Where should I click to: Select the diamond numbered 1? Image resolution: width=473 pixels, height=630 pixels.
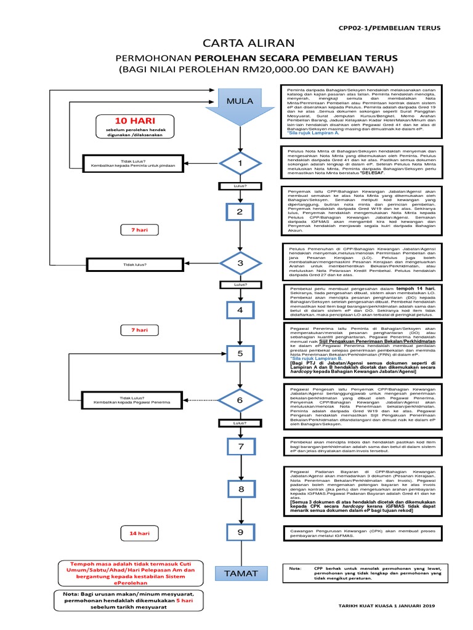click(x=240, y=163)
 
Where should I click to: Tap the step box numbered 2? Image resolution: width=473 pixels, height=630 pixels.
click(x=240, y=212)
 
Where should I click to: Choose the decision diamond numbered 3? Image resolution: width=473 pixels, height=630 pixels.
click(x=240, y=263)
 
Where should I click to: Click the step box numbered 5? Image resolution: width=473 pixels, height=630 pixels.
click(x=240, y=354)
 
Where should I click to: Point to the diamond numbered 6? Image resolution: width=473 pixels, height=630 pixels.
click(x=240, y=400)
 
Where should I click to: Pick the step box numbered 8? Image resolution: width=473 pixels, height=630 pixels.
click(x=240, y=488)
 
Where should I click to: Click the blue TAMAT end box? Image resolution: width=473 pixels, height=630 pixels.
click(x=240, y=573)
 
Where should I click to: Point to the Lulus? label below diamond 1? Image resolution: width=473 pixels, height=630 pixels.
click(x=240, y=185)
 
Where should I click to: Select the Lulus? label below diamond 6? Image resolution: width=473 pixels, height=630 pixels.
click(x=240, y=423)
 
